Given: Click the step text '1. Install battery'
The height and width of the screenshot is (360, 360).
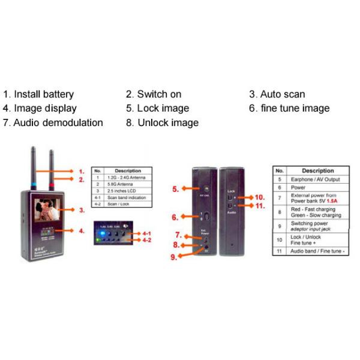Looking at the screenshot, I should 38,94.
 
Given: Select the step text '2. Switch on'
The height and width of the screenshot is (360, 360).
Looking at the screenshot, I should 154,94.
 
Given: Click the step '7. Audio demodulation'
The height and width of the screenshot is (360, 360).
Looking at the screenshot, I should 53,123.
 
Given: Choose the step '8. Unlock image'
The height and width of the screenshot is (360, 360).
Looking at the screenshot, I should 162,123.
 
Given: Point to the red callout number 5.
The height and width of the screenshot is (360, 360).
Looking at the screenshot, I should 175,189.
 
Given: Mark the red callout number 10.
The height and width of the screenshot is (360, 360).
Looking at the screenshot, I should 259,197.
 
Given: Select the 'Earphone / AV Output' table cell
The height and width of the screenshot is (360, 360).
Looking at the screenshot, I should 317,179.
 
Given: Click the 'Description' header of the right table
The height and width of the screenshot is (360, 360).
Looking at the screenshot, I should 317,170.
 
